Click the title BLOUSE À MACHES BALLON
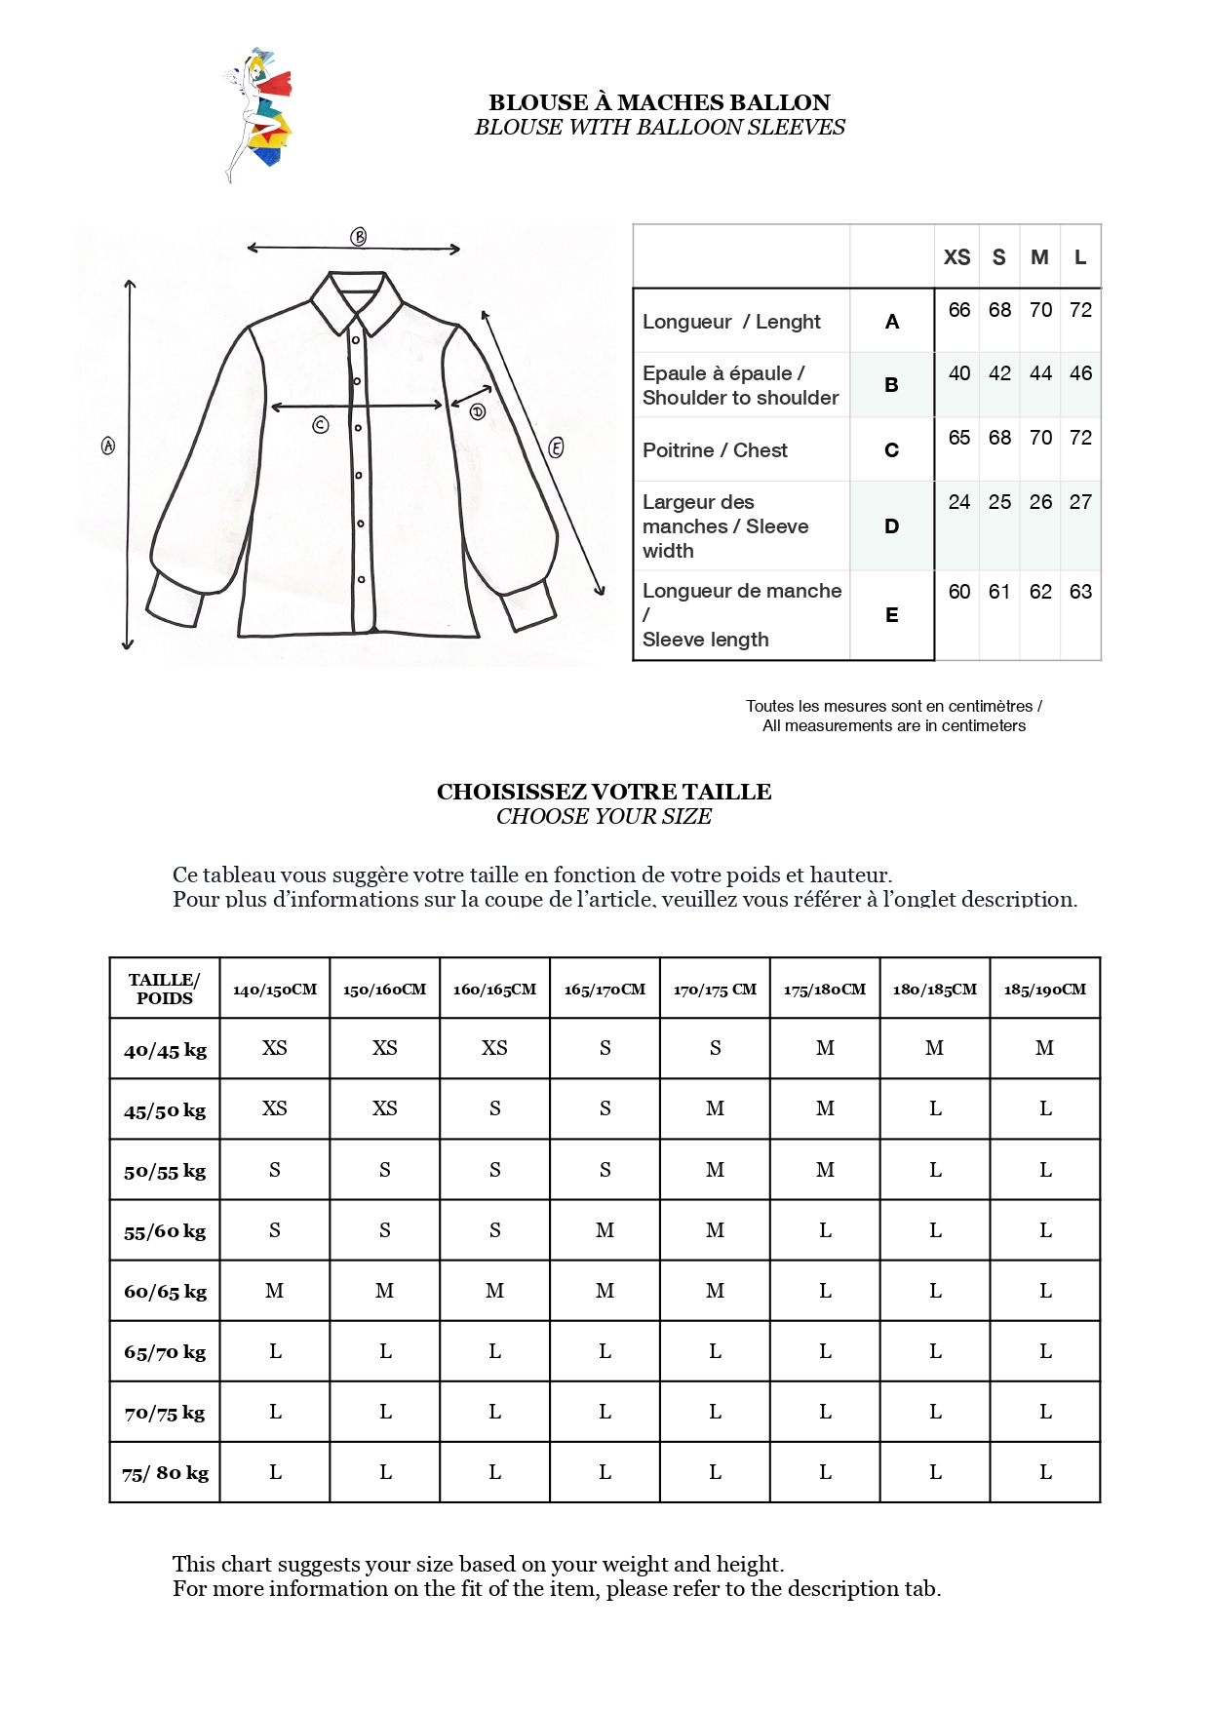[x=659, y=102]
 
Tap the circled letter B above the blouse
[x=359, y=237]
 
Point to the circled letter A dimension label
[x=108, y=446]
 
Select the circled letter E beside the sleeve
[x=556, y=447]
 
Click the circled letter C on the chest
[x=321, y=425]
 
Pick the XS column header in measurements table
[x=956, y=257]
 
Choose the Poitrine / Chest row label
[x=715, y=450]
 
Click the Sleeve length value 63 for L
[x=1080, y=592]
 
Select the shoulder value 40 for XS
[x=959, y=373]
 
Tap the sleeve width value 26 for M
[x=1040, y=502]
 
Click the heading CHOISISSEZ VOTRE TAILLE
[x=604, y=792]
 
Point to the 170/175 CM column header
[x=715, y=990]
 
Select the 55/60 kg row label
[x=165, y=1231]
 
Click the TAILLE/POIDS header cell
[x=165, y=989]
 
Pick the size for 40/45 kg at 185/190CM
[x=1044, y=1048]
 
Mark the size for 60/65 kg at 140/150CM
[x=275, y=1291]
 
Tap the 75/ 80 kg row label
[x=165, y=1473]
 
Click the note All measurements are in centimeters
[x=893, y=726]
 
